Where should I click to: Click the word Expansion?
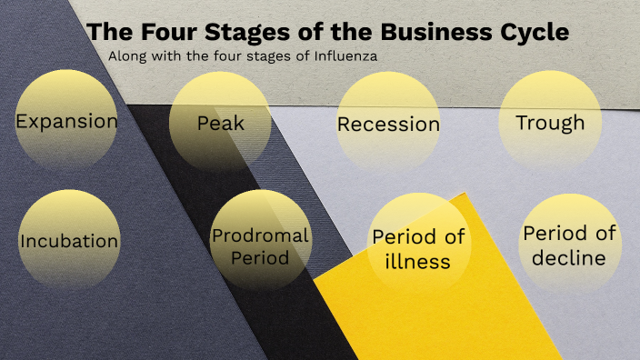click(x=66, y=121)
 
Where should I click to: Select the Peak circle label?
click(x=221, y=122)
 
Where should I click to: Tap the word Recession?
click(x=388, y=125)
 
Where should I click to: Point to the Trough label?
click(x=550, y=122)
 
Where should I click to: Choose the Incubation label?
click(x=69, y=241)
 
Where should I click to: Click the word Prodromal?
click(x=260, y=235)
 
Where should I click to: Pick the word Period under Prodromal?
click(x=260, y=257)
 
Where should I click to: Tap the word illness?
click(x=418, y=262)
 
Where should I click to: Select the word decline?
click(x=569, y=257)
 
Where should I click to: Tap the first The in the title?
click(x=109, y=32)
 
